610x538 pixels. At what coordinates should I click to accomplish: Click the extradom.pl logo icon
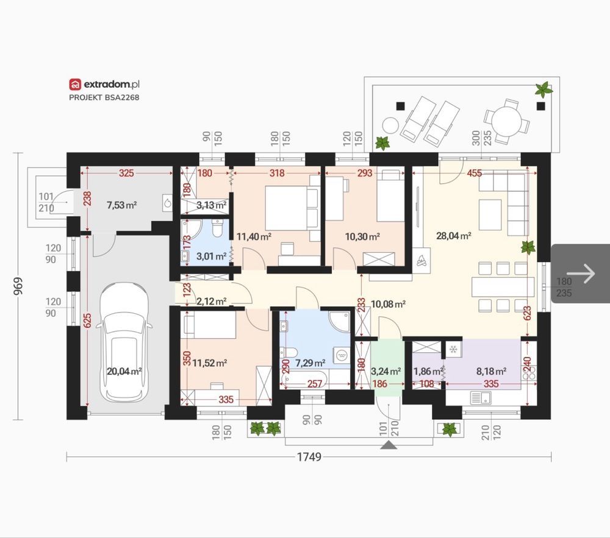point(75,84)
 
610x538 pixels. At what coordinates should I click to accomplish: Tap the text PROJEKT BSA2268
point(104,97)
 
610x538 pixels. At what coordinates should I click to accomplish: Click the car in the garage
point(124,342)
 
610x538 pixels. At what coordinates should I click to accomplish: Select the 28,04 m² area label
point(454,235)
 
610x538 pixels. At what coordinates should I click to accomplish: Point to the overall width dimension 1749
point(309,456)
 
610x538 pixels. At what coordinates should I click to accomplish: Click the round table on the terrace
point(506,121)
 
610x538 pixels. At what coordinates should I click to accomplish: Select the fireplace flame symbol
point(422,261)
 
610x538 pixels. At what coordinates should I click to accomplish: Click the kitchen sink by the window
point(481,397)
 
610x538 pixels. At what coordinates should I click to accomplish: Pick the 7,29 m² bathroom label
point(310,363)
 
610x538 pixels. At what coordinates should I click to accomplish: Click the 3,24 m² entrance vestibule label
point(386,371)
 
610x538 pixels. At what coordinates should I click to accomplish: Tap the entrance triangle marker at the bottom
point(388,445)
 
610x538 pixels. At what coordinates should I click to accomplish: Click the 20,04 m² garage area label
point(124,371)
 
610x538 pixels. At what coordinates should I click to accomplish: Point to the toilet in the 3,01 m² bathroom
point(217,228)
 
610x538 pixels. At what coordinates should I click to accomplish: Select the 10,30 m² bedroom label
point(362,236)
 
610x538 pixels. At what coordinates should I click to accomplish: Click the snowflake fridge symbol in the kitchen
point(453,349)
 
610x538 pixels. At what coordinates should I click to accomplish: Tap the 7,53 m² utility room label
point(121,205)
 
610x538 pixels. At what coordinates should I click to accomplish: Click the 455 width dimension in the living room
point(474,173)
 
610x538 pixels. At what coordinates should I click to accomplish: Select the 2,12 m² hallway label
point(211,301)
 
